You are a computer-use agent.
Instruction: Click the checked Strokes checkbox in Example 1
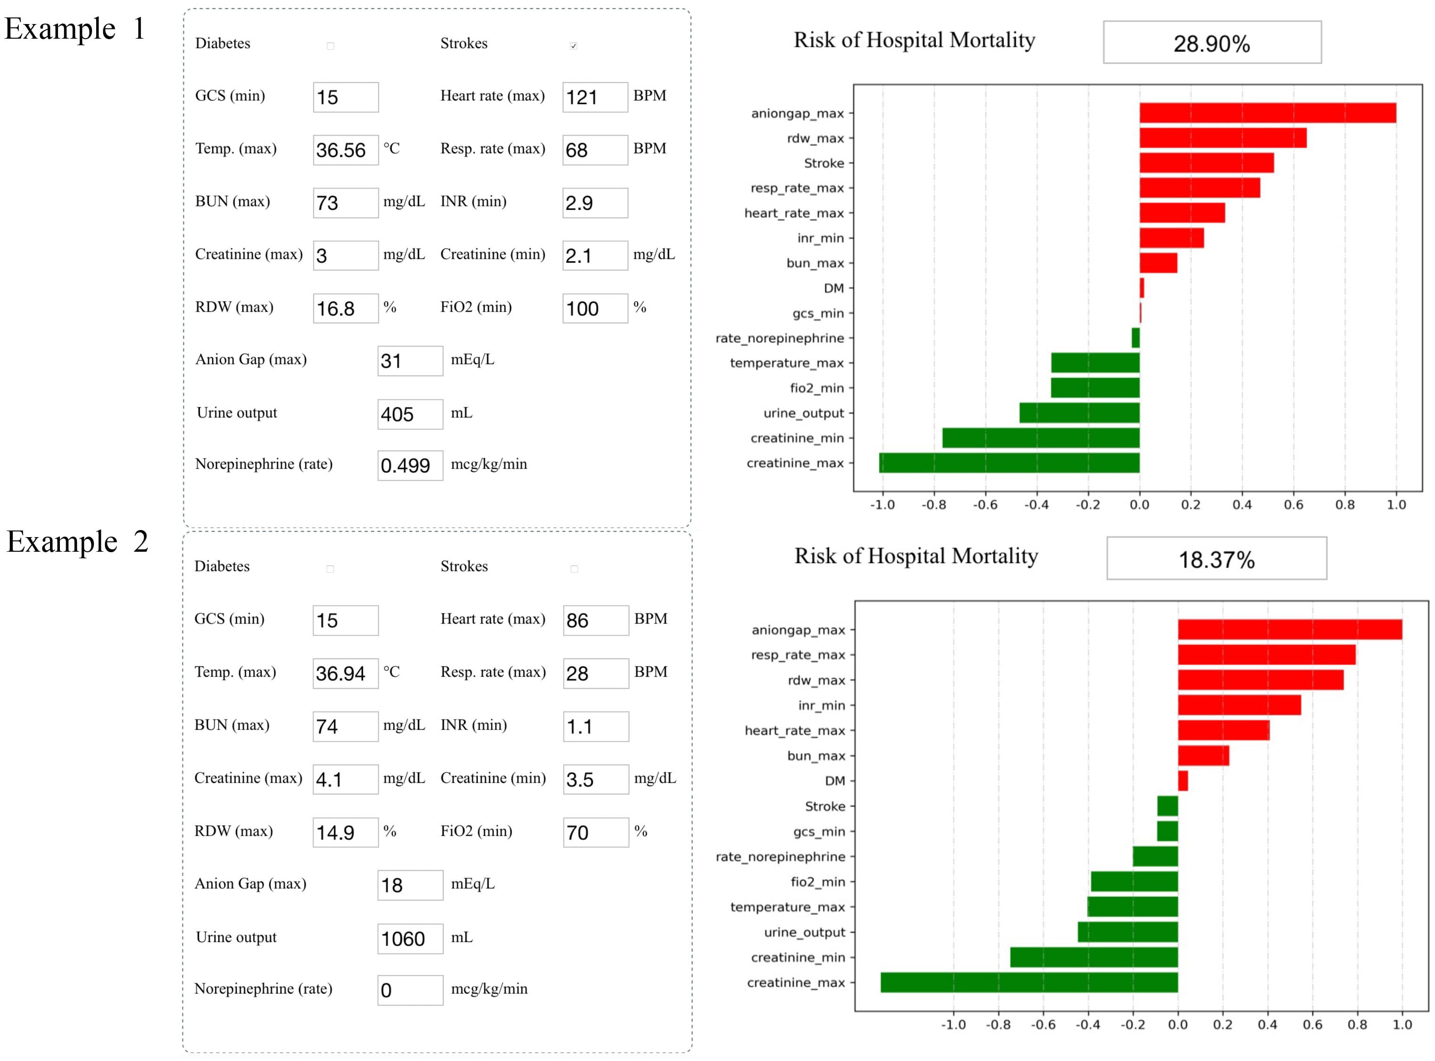click(x=573, y=46)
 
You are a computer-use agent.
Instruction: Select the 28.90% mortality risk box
click(x=1211, y=42)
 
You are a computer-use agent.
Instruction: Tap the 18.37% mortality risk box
click(x=1216, y=559)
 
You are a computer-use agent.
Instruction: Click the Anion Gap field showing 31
click(x=410, y=361)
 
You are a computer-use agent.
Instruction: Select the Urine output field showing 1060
click(x=410, y=939)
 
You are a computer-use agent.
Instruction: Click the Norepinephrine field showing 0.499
click(x=410, y=465)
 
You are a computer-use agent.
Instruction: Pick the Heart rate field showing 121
click(x=595, y=98)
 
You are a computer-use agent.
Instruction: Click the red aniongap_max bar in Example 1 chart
click(x=1267, y=113)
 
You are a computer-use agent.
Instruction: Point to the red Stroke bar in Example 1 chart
click(x=1206, y=163)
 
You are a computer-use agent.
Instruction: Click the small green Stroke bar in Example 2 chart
click(x=1167, y=806)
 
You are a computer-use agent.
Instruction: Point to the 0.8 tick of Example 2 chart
click(x=1357, y=1024)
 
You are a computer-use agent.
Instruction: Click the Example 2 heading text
click(x=77, y=541)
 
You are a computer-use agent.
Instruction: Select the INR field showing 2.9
click(x=595, y=203)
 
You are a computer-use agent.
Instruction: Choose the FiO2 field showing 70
click(x=596, y=833)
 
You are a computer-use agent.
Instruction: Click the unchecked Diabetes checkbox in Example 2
click(x=330, y=569)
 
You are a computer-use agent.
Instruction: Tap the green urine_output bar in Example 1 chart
click(x=1079, y=413)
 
